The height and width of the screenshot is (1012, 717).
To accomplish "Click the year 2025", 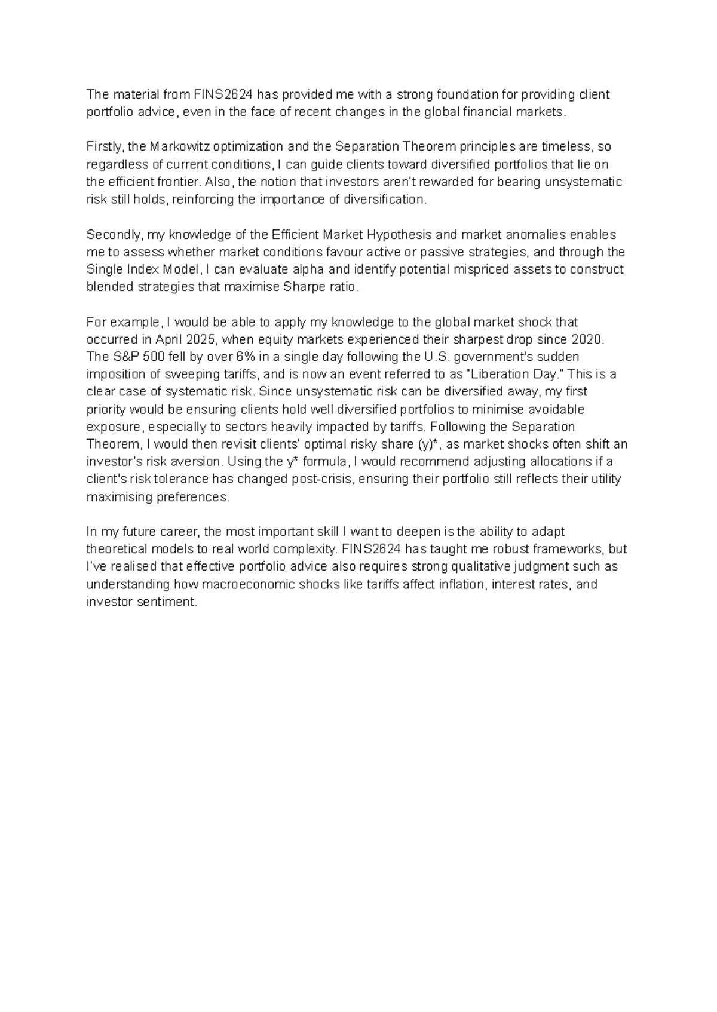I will (202, 339).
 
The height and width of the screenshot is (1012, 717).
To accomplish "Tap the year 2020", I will (588, 339).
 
